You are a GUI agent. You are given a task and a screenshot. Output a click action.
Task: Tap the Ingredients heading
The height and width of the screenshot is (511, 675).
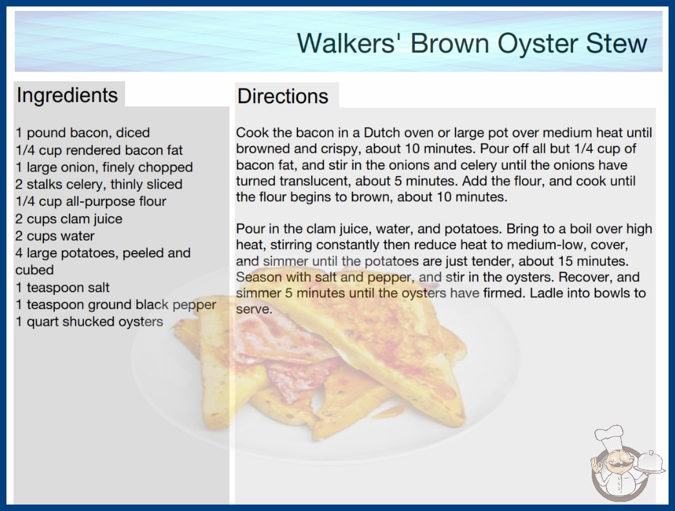67,95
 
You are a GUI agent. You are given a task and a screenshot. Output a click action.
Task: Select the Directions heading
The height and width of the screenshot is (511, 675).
283,96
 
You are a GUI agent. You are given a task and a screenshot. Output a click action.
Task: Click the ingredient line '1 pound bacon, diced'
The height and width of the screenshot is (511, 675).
83,133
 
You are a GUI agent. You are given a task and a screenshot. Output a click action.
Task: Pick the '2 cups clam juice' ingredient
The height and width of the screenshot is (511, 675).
69,219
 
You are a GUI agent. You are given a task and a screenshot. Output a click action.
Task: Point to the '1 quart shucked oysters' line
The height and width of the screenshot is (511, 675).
89,321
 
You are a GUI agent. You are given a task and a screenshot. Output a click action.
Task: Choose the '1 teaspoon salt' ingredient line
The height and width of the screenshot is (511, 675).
63,287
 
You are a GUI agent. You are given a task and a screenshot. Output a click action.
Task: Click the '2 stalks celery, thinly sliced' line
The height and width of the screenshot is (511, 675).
99,185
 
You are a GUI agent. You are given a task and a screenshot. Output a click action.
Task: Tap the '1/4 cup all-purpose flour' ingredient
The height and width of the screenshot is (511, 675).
91,201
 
